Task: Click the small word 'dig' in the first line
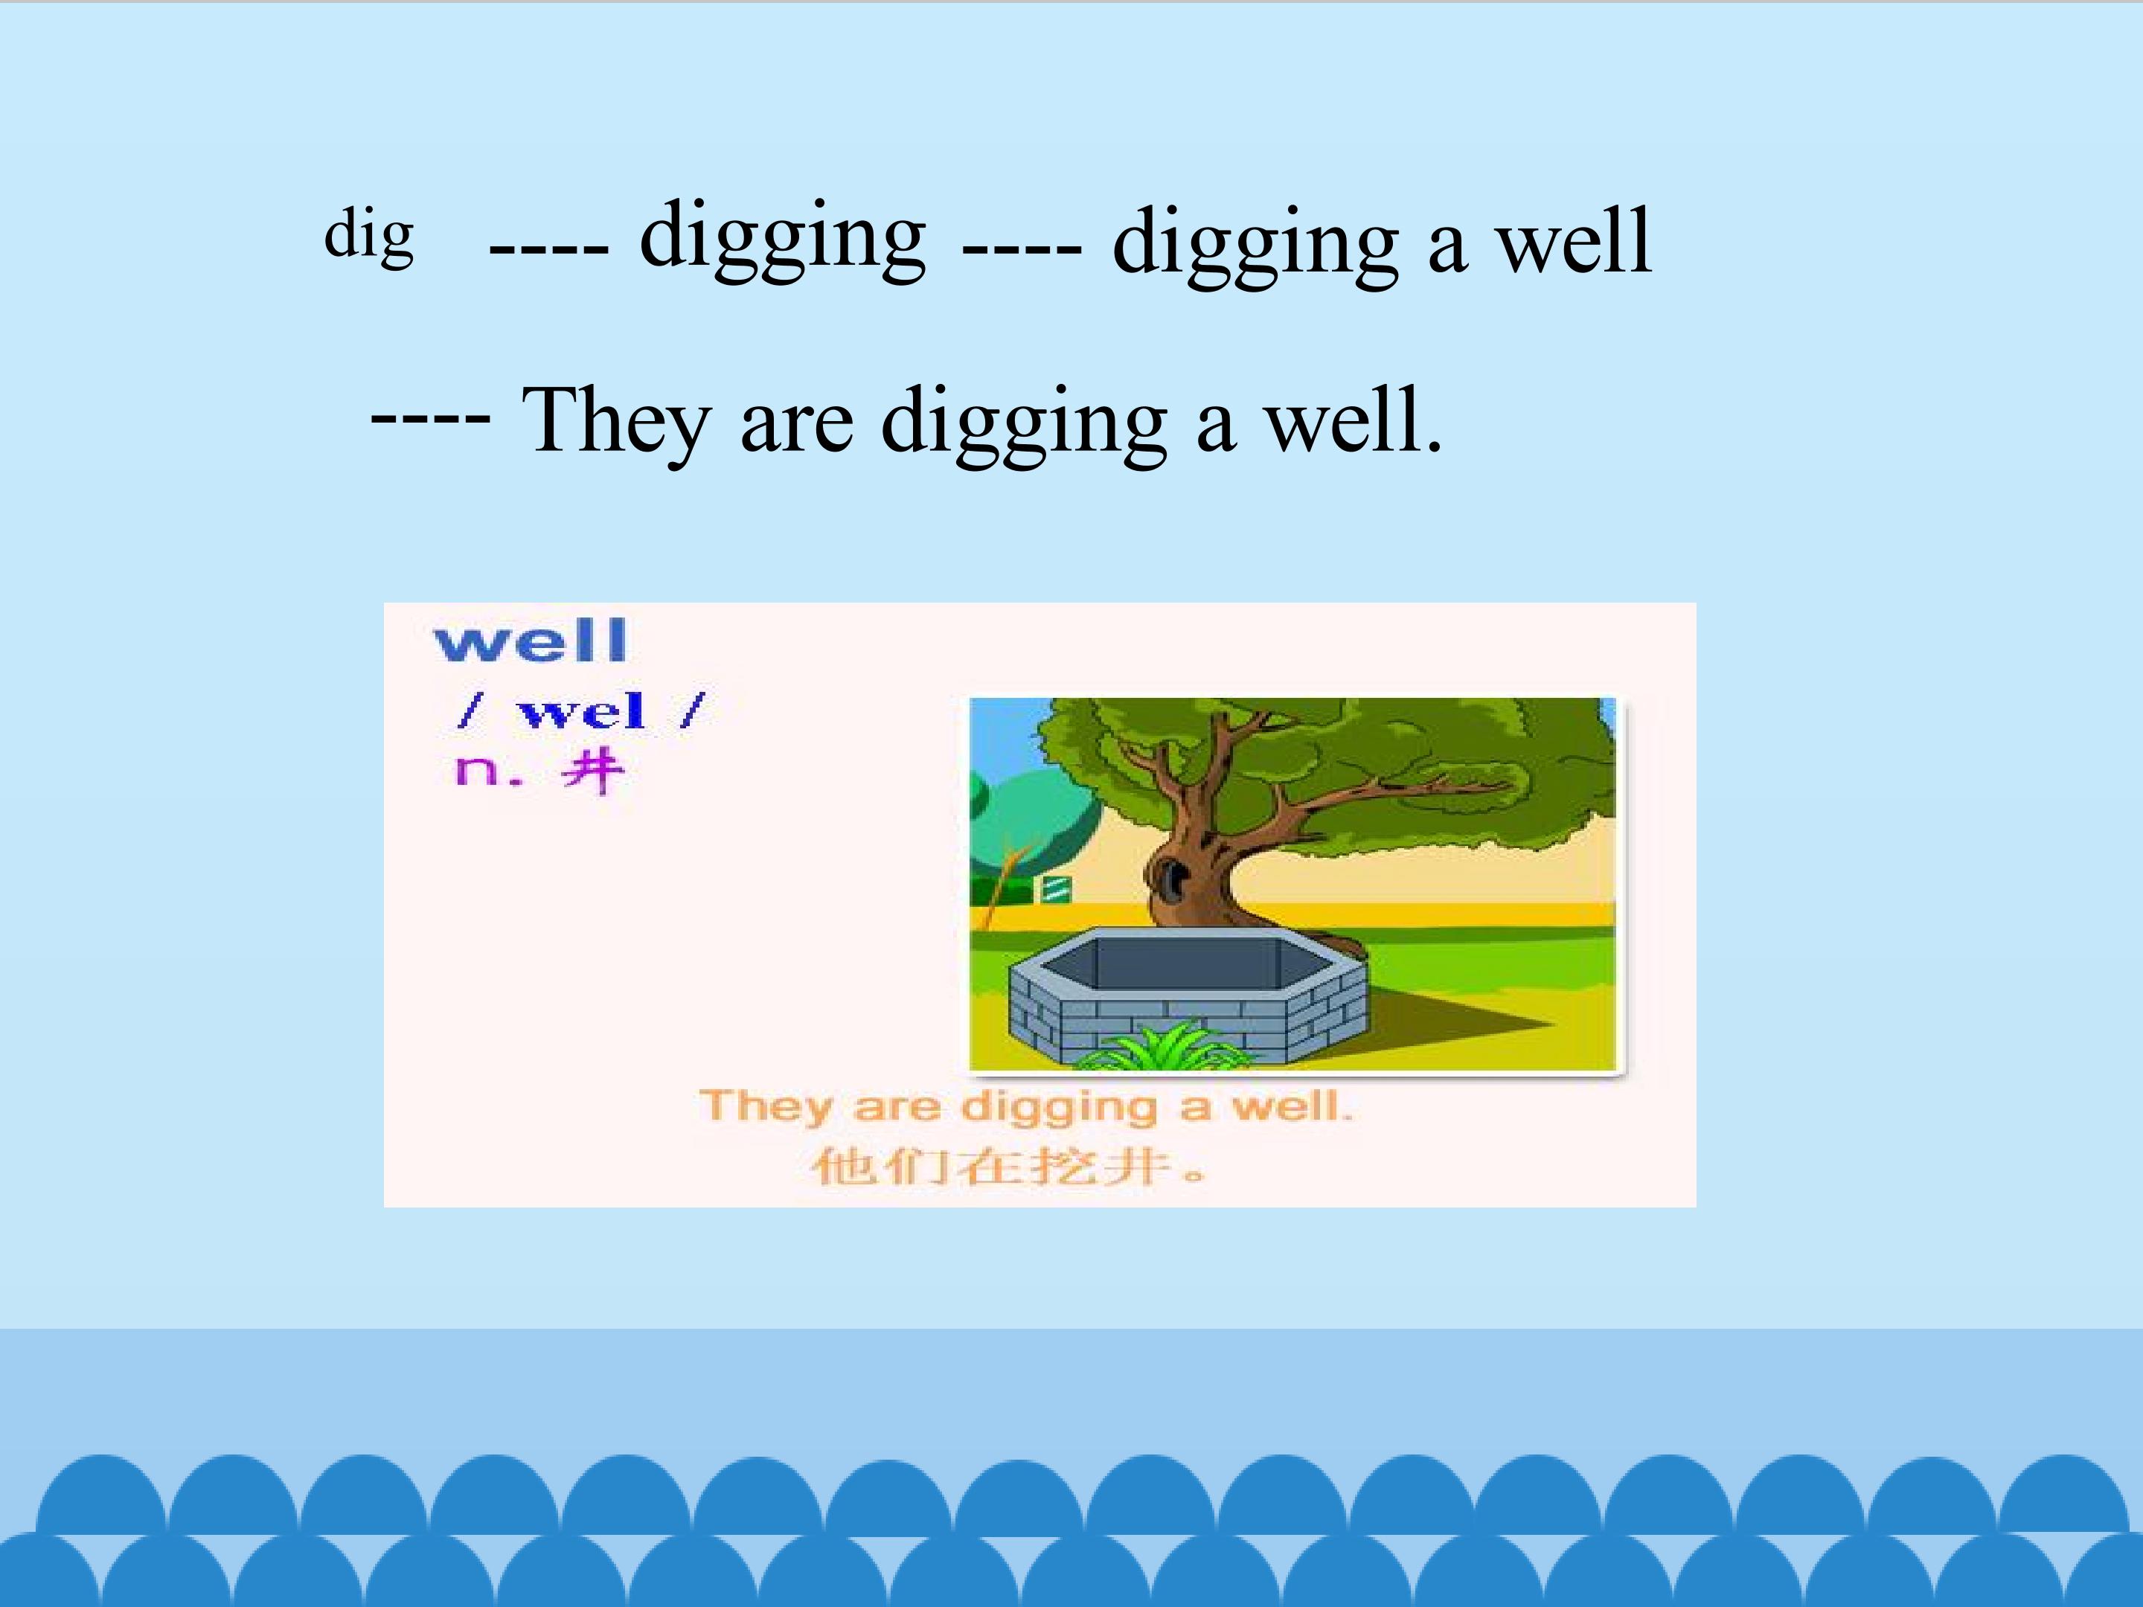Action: click(x=369, y=235)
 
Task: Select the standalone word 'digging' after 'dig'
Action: click(x=783, y=237)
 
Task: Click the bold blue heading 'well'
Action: click(x=530, y=641)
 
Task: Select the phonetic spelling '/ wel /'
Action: click(x=581, y=712)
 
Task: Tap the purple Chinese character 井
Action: click(x=592, y=772)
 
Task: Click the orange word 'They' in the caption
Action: click(x=766, y=1106)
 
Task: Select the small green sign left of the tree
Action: click(x=1056, y=888)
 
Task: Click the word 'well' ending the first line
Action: click(x=1575, y=241)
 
